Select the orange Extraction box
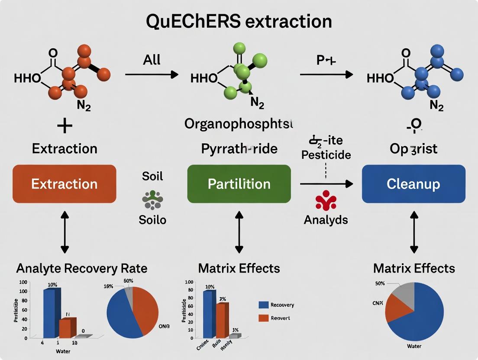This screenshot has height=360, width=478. [65, 184]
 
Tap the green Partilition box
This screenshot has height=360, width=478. [239, 184]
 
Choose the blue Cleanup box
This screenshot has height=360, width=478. [413, 184]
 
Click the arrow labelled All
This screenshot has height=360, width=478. [152, 75]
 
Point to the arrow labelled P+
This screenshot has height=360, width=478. [326, 75]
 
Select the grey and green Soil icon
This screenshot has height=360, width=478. [152, 199]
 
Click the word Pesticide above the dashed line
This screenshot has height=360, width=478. [326, 155]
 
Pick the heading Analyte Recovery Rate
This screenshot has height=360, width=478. [82, 268]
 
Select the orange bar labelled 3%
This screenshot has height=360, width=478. [222, 320]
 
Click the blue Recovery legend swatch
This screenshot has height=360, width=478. [263, 305]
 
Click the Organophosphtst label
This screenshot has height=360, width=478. [239, 124]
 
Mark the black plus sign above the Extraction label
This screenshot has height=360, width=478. [64, 127]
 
